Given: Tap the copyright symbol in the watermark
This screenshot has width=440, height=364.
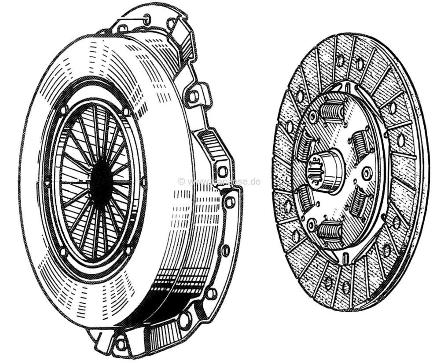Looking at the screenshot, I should pos(180,181).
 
